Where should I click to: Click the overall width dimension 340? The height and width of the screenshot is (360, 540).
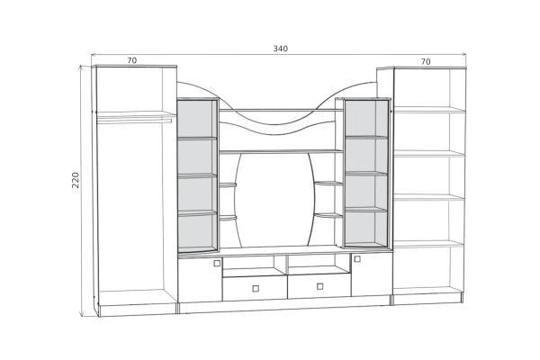pos(280,49)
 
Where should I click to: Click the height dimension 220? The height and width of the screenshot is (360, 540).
pos(76,180)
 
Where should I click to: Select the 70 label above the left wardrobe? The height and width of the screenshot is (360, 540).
pos(132,60)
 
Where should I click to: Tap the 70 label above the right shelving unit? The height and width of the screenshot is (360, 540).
pos(426,62)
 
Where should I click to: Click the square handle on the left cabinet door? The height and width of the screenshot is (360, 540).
pos(217,263)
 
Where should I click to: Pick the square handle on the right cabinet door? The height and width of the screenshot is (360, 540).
pos(357,258)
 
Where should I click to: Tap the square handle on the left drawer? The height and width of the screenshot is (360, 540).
pos(256,288)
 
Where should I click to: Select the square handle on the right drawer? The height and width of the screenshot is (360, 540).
pos(319,286)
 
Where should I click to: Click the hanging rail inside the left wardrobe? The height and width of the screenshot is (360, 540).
pos(134,121)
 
